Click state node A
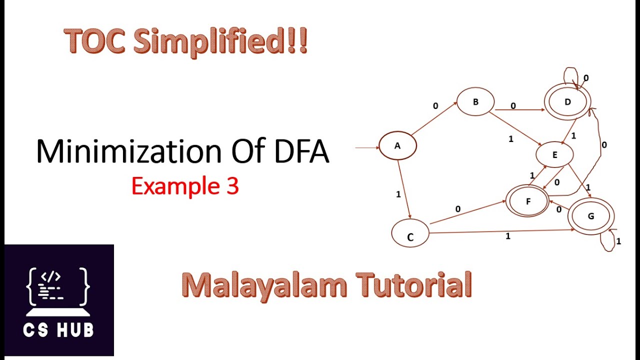click(397, 146)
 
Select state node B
click(475, 102)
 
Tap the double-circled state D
click(567, 102)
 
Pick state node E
click(554, 155)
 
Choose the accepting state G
click(590, 216)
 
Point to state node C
click(410, 233)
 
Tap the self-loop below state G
click(607, 242)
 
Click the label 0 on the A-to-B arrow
click(435, 106)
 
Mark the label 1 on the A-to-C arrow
click(398, 194)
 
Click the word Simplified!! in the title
click(220, 42)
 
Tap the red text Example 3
click(185, 186)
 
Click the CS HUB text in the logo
click(59, 330)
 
